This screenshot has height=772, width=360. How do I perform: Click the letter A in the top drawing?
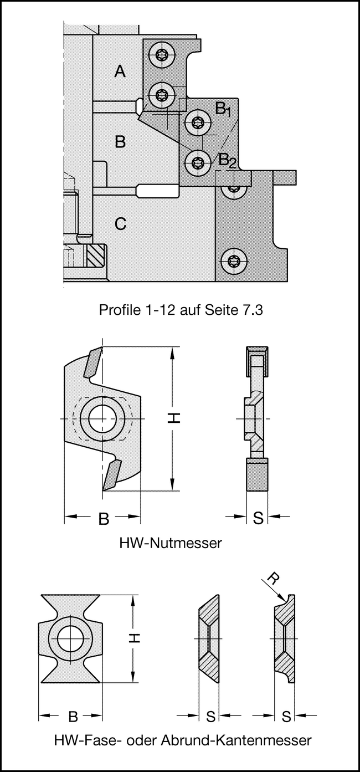tap(120, 71)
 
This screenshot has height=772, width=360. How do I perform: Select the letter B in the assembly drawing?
tap(120, 142)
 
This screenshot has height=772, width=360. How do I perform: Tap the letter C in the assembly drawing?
tap(120, 224)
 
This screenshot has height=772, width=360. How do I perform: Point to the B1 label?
tap(223, 109)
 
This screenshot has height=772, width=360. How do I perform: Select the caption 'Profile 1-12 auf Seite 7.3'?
tap(180, 310)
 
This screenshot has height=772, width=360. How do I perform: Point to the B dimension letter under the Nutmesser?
tap(103, 519)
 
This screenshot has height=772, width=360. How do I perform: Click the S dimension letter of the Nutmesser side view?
tap(258, 519)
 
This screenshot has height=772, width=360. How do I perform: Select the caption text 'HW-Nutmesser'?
tap(170, 543)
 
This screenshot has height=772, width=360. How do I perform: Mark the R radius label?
tap(272, 580)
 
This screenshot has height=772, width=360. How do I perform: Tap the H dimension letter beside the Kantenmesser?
tap(135, 639)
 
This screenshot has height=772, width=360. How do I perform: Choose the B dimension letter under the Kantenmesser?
tap(73, 717)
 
